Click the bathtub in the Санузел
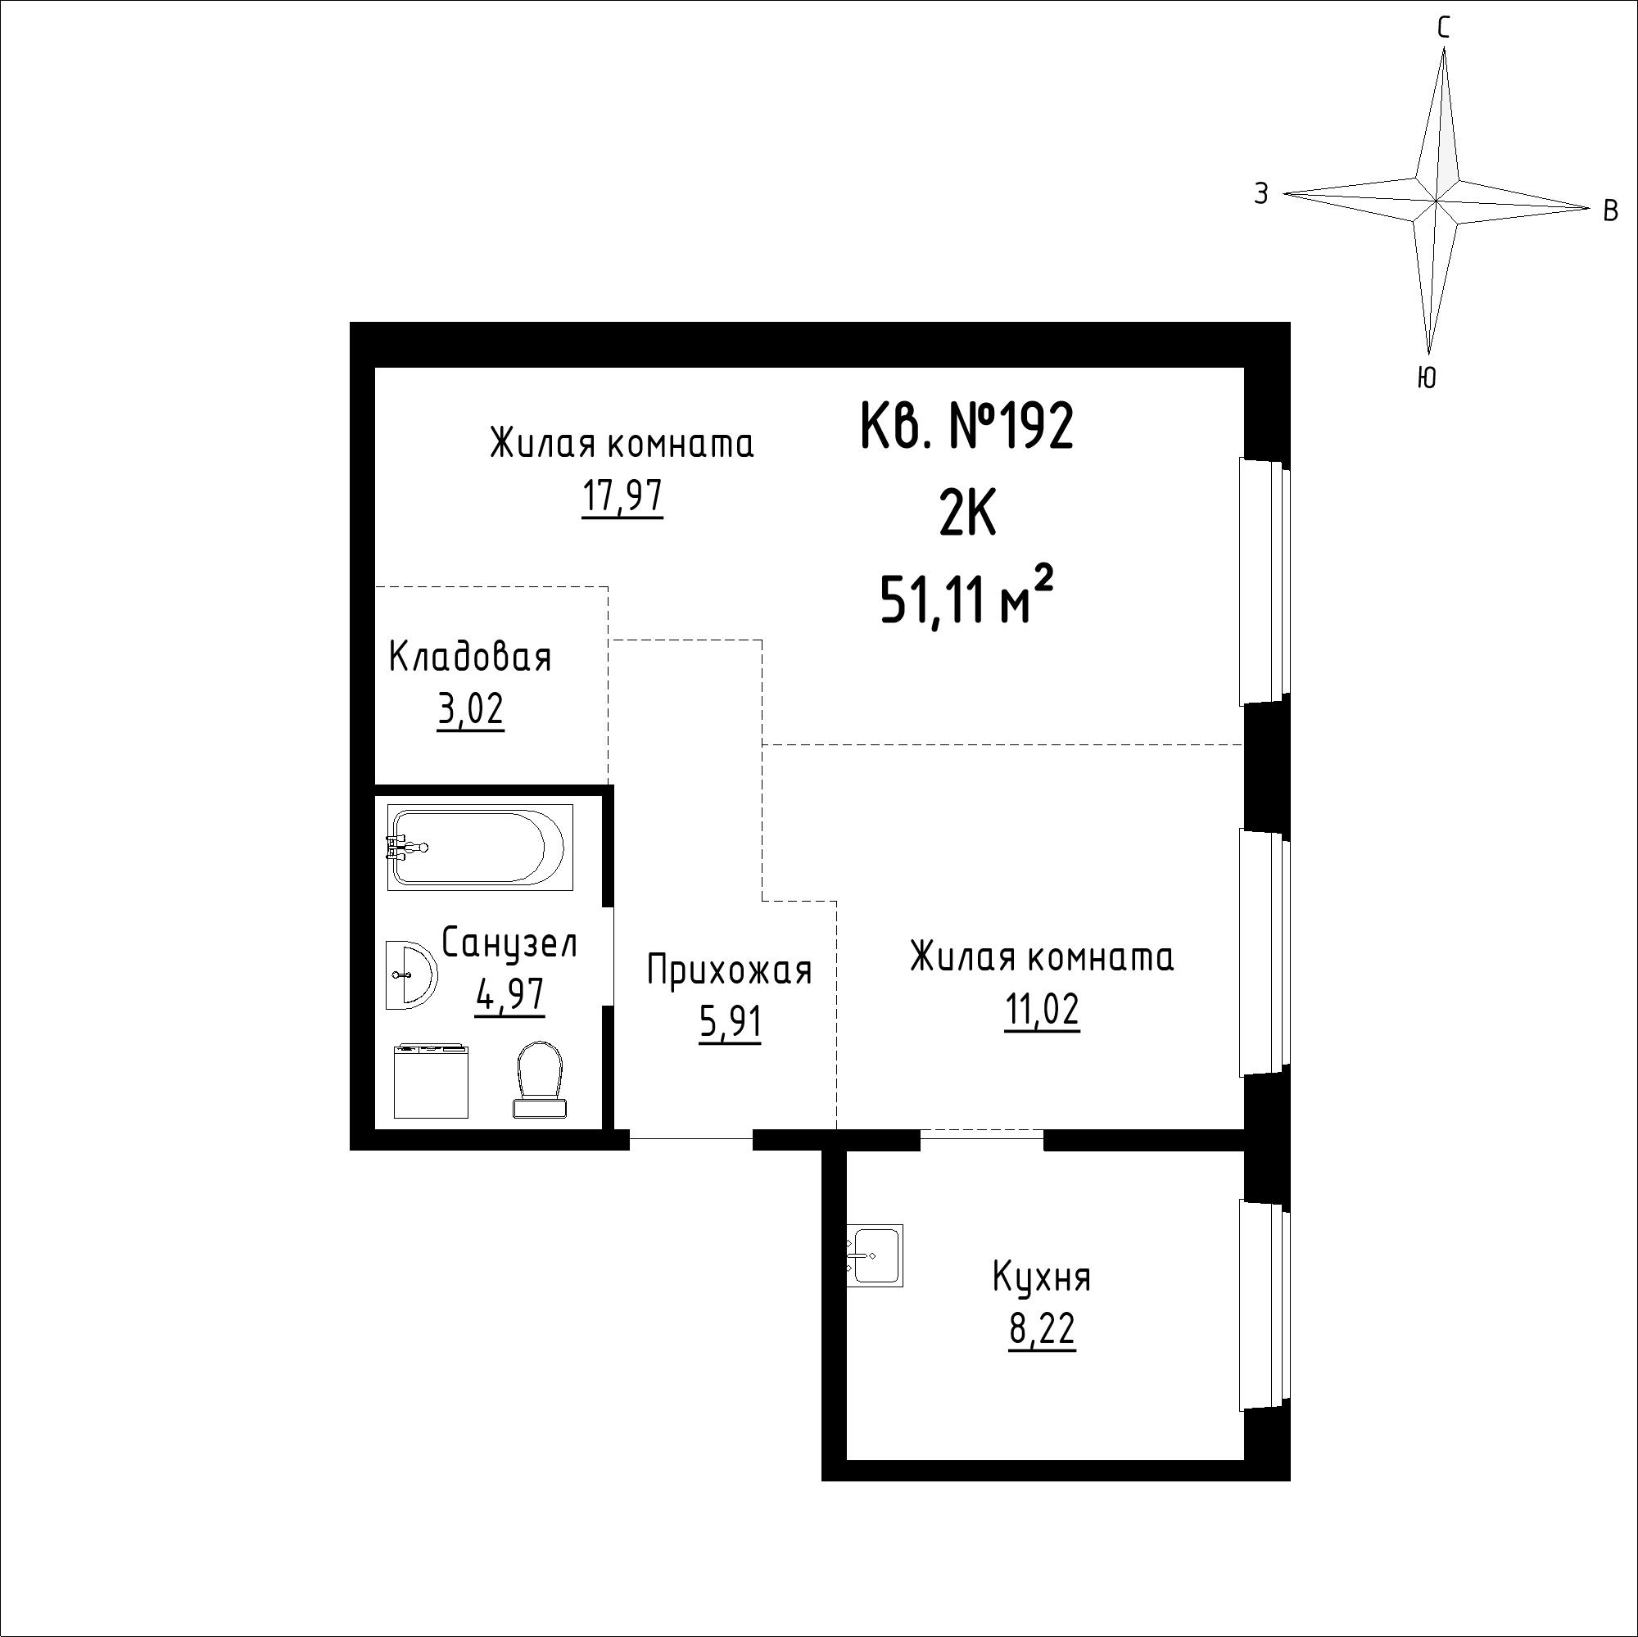tap(480, 847)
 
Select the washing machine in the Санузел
tap(432, 1080)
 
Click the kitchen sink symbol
tap(875, 1255)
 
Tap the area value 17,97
tap(622, 497)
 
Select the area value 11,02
tap(1042, 1011)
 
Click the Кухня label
tap(1042, 1277)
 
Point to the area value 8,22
tap(1042, 1330)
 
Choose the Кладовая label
tap(471, 657)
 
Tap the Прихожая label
tap(729, 970)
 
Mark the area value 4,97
tap(509, 994)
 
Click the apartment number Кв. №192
tap(966, 427)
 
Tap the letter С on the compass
tap(1443, 29)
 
